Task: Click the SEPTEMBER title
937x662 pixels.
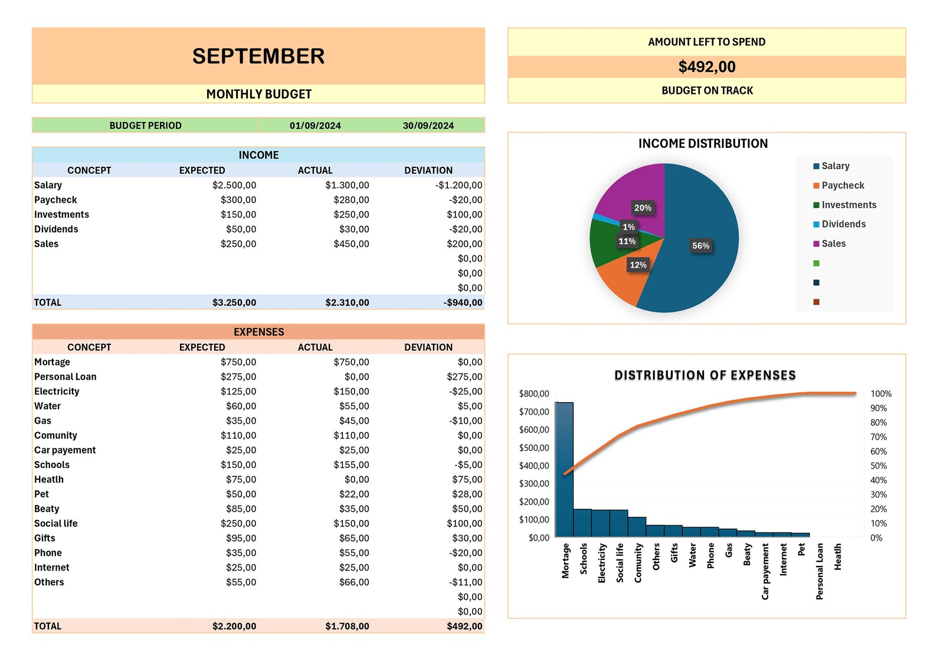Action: (x=258, y=56)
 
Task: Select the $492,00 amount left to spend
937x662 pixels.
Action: (x=707, y=67)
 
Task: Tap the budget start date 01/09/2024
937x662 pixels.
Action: (x=315, y=126)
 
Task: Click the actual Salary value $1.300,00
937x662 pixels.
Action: (x=347, y=185)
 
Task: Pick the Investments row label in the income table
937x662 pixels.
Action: (x=61, y=215)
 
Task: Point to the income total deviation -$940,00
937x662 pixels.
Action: (x=463, y=302)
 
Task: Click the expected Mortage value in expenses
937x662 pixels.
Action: (x=238, y=362)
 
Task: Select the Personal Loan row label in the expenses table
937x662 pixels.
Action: (x=65, y=377)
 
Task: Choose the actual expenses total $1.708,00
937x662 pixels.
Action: (x=347, y=626)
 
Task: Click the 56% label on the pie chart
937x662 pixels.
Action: (x=700, y=246)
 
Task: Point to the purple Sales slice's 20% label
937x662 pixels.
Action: (x=643, y=208)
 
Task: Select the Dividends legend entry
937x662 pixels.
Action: (x=843, y=224)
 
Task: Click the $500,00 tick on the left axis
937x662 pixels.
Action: (x=534, y=448)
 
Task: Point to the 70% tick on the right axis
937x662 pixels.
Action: (x=879, y=437)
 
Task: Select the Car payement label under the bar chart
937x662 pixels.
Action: (x=765, y=571)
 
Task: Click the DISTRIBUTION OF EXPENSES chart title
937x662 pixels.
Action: (x=705, y=376)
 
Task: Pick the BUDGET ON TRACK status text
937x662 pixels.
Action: (x=707, y=91)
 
